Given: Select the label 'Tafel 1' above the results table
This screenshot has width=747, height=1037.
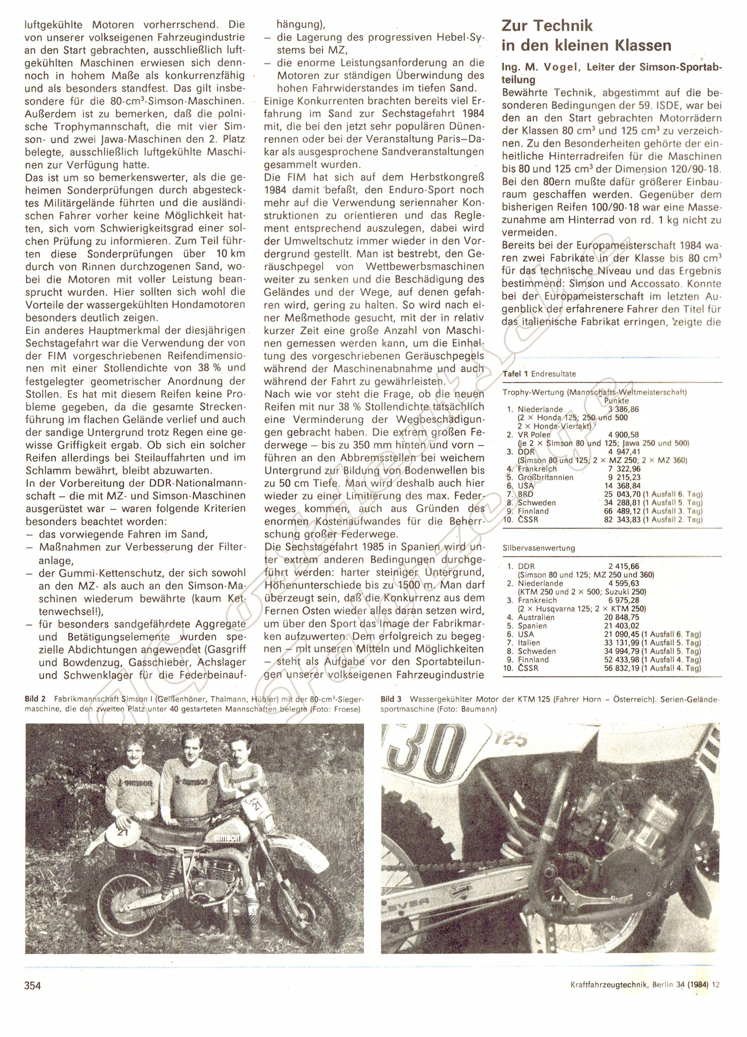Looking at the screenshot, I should pyautogui.click(x=515, y=374).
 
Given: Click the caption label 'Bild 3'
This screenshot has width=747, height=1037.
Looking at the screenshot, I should pyautogui.click(x=392, y=699).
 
